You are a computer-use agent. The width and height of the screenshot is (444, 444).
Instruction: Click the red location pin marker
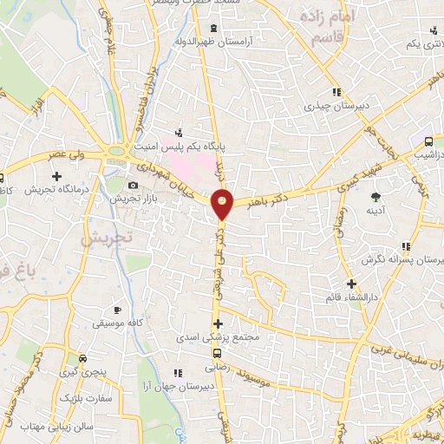pos(223,204)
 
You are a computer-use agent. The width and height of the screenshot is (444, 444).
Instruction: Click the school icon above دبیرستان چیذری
pos(335,92)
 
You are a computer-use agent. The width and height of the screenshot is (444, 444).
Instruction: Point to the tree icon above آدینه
pos(375,197)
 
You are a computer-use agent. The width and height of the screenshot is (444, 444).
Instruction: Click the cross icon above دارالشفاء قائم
pos(351,284)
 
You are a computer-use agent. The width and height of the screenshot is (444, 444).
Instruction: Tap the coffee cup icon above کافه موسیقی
pos(118,310)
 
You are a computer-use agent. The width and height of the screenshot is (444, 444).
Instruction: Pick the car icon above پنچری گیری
pos(82,357)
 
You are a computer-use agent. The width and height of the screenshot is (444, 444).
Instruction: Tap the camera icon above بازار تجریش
pos(133,185)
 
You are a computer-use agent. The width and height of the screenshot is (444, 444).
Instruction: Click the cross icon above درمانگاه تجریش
pos(56,176)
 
